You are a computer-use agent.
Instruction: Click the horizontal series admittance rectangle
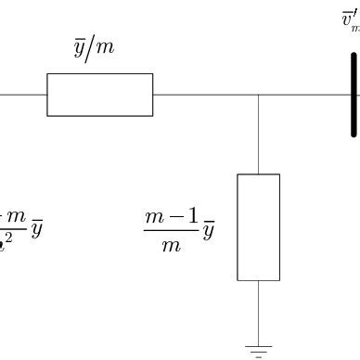click(99, 95)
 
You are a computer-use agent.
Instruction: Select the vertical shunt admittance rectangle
click(258, 226)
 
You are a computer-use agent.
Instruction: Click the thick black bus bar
click(354, 95)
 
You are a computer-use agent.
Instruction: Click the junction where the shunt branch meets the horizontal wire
click(258, 95)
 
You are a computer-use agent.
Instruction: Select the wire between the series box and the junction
click(204, 95)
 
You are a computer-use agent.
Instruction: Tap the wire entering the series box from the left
click(23, 95)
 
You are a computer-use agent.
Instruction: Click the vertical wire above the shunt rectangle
click(258, 134)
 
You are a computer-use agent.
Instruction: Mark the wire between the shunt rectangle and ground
click(258, 311)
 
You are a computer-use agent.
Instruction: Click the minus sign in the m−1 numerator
click(172, 217)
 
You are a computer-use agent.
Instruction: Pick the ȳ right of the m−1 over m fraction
click(210, 230)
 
